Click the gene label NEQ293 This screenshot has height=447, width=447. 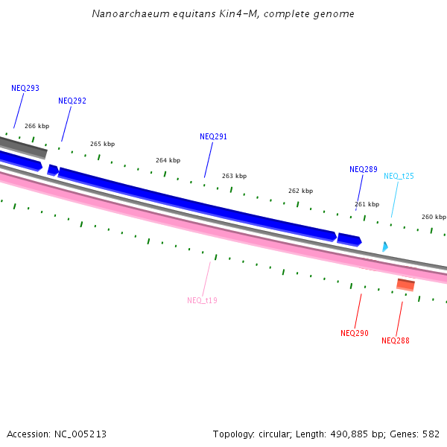(25, 88)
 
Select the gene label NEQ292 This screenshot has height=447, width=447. (72, 101)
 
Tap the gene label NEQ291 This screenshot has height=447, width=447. (214, 136)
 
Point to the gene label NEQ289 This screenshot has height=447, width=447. (364, 169)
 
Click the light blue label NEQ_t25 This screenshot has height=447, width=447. (399, 176)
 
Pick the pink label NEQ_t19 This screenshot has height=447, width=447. (202, 300)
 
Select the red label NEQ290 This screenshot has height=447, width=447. (355, 333)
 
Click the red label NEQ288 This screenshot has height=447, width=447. (396, 340)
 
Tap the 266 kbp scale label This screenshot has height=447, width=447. (37, 127)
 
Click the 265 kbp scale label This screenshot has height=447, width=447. (103, 144)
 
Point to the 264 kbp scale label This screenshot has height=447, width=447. (168, 160)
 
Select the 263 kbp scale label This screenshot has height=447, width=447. (234, 176)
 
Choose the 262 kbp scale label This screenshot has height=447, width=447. (300, 191)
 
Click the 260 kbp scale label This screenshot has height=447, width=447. (433, 217)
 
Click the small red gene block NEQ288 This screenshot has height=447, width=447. (405, 285)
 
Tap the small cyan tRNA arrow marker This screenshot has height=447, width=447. (385, 246)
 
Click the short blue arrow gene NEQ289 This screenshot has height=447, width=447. (349, 239)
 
